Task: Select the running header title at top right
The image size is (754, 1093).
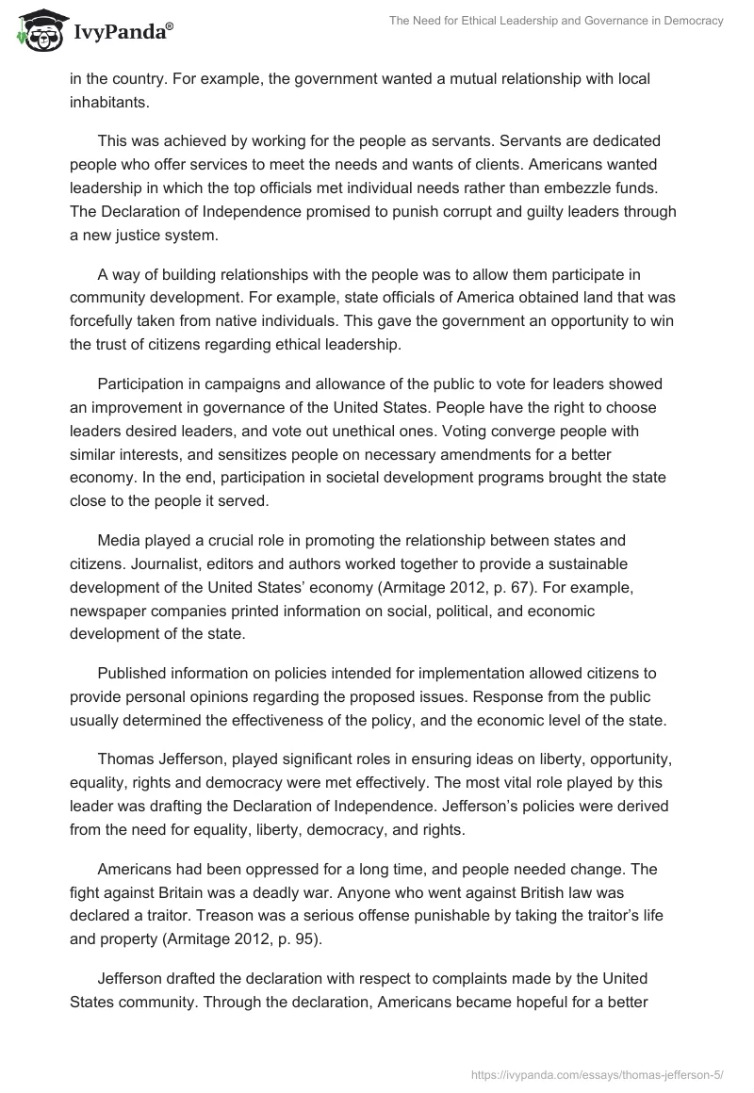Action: tap(556, 22)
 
